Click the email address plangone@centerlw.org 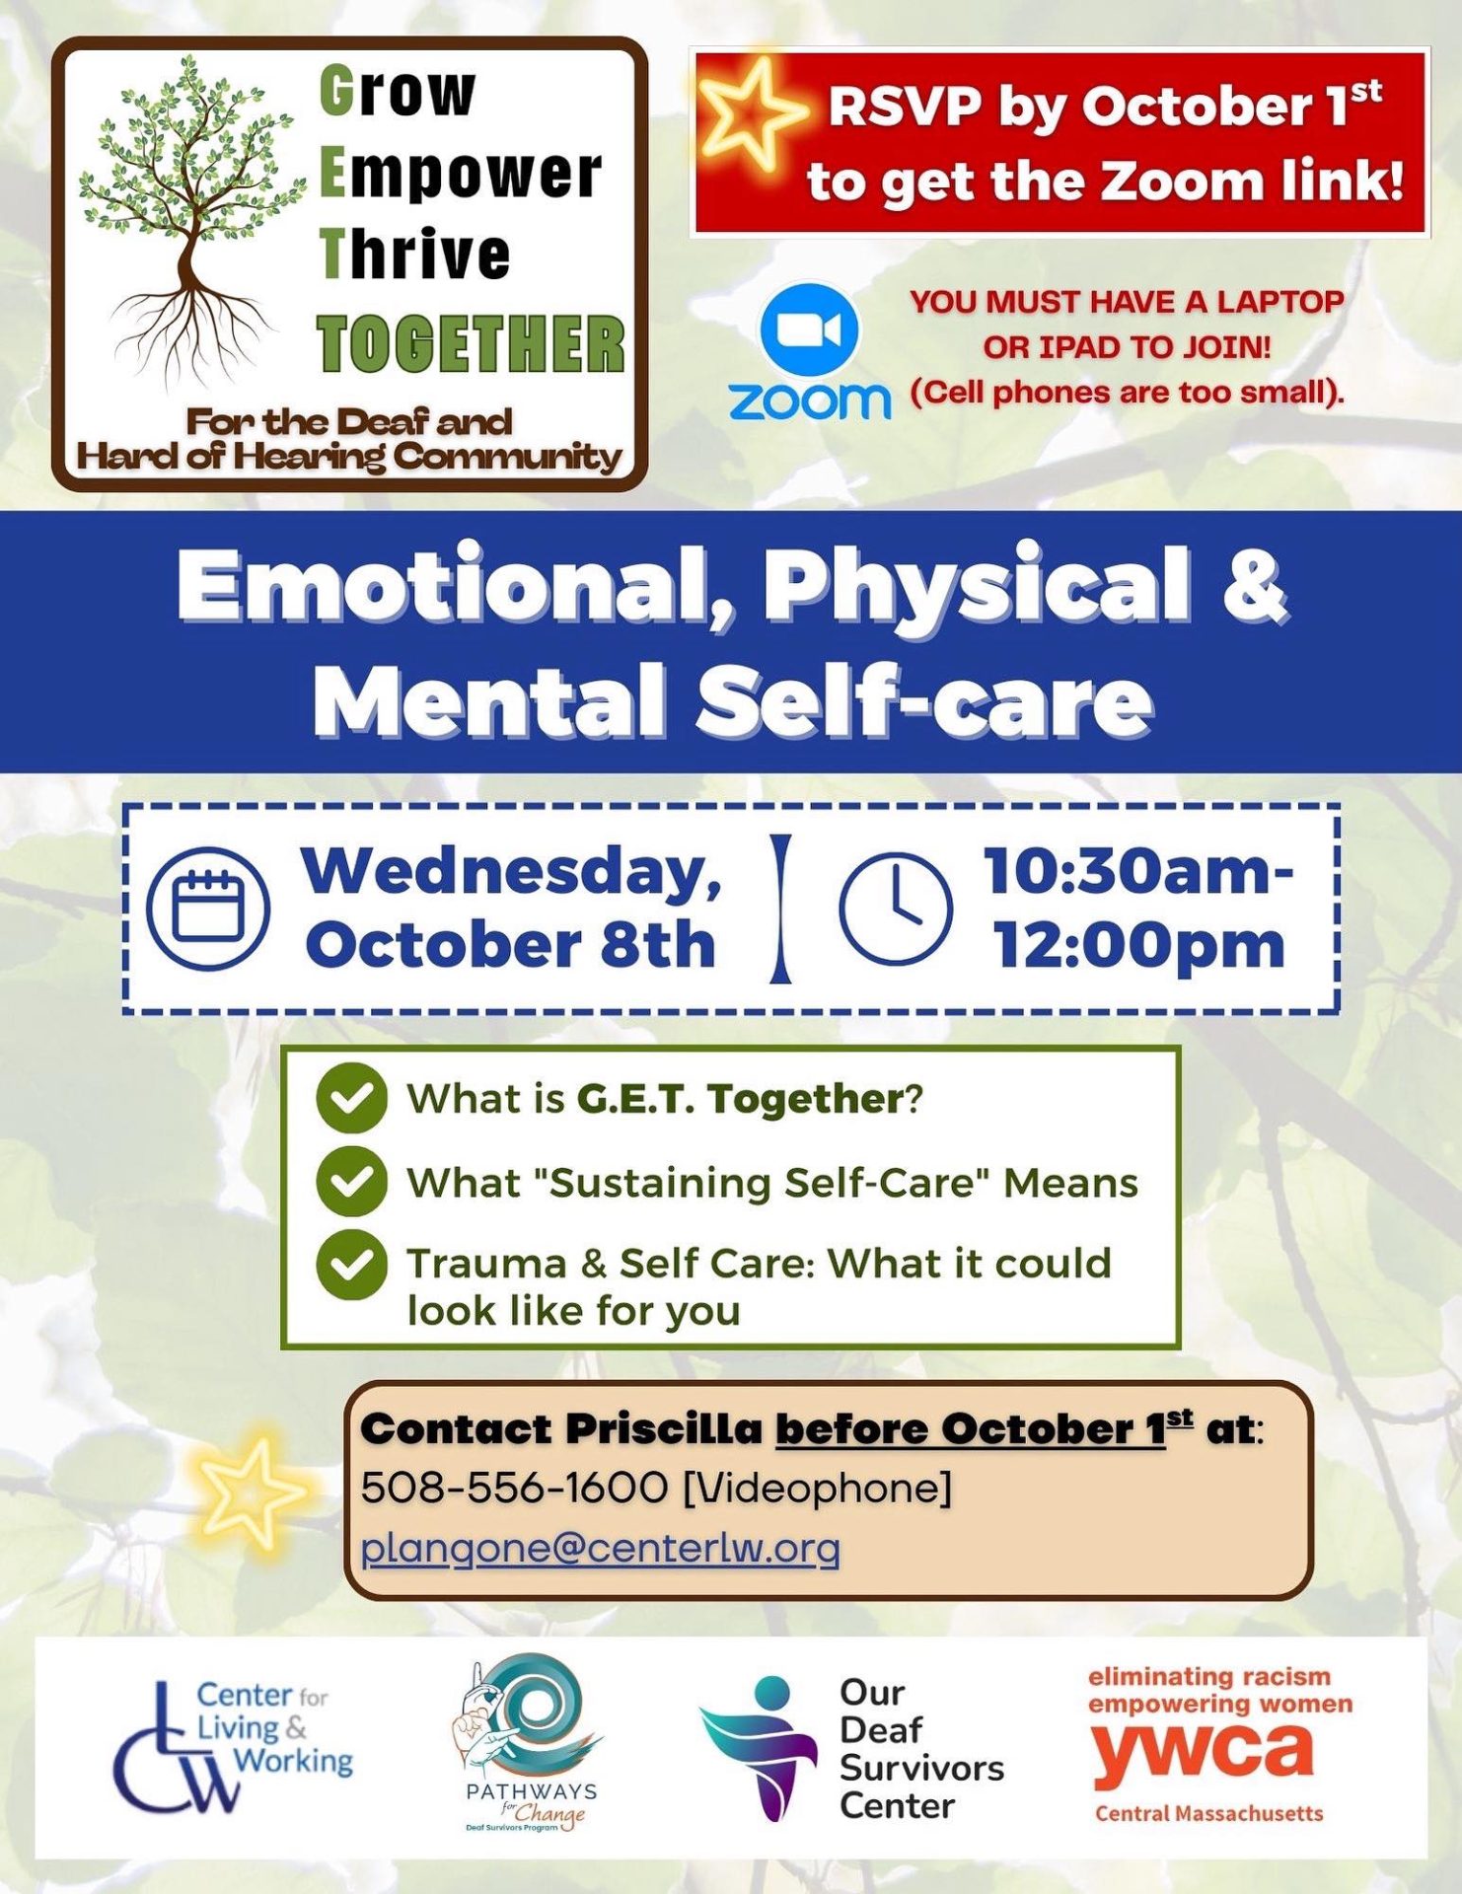[x=600, y=1547]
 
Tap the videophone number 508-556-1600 [x=514, y=1488]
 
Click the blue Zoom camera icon [x=809, y=331]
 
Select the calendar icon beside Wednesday [x=208, y=909]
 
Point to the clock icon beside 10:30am [x=896, y=909]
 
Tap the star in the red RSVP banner [x=751, y=112]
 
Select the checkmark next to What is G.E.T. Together [x=352, y=1098]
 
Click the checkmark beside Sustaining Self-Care [x=352, y=1181]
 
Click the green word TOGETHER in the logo [x=472, y=344]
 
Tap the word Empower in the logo [x=460, y=175]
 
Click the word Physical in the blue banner [x=978, y=587]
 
